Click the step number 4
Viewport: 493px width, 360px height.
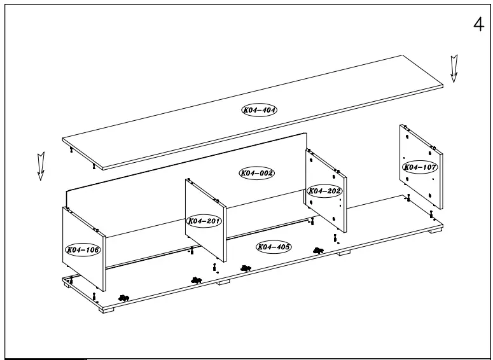tap(478, 25)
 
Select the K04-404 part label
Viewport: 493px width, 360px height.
tap(259, 110)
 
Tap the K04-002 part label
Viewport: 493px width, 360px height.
tap(256, 173)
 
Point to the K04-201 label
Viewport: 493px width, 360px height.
tap(204, 221)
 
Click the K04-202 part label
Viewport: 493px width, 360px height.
tap(324, 191)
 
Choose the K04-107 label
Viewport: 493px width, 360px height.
tap(420, 167)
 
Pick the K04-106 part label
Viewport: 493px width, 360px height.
tap(83, 250)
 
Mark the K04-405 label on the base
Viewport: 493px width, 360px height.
tap(274, 247)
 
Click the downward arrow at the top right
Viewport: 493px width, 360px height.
tap(454, 69)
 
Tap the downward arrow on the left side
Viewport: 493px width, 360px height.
tap(41, 165)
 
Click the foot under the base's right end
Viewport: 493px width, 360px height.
tap(435, 231)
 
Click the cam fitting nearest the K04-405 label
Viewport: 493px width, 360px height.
tap(246, 268)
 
